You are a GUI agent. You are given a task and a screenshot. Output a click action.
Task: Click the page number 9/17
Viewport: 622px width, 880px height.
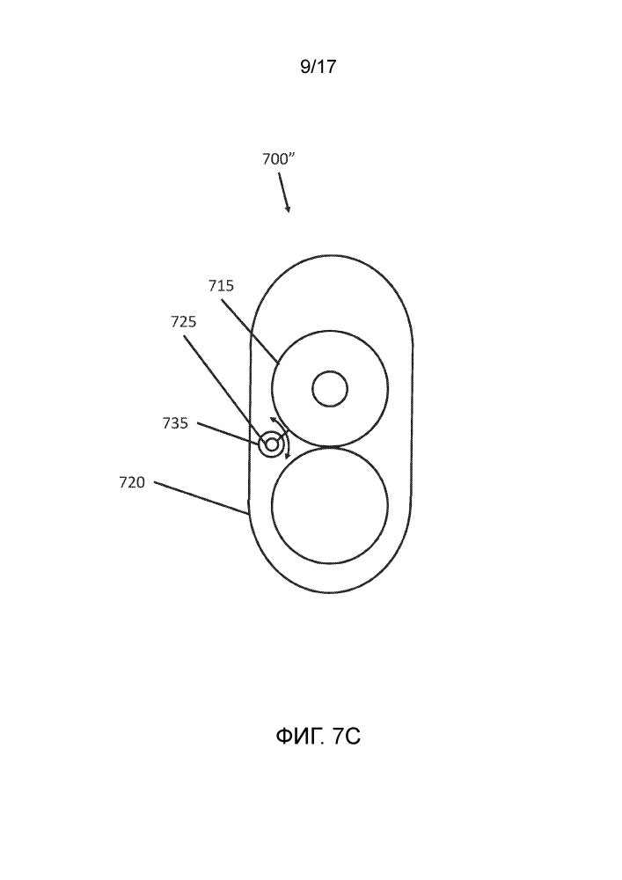click(x=318, y=67)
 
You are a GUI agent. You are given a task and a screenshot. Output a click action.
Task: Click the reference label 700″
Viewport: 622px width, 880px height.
click(x=278, y=159)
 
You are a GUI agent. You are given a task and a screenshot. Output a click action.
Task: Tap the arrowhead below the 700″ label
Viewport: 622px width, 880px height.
click(x=288, y=209)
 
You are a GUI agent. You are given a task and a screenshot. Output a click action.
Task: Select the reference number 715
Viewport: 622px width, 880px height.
click(x=221, y=286)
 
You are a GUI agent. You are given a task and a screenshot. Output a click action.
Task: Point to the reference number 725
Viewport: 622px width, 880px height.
click(x=183, y=321)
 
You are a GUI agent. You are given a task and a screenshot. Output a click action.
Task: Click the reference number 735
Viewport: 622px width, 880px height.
click(x=175, y=423)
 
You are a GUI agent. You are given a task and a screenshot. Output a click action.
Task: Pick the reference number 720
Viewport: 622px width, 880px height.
click(x=132, y=482)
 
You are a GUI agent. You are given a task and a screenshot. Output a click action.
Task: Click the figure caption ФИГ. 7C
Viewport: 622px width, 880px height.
click(x=318, y=737)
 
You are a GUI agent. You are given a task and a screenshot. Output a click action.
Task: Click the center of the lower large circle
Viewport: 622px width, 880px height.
click(x=330, y=505)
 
